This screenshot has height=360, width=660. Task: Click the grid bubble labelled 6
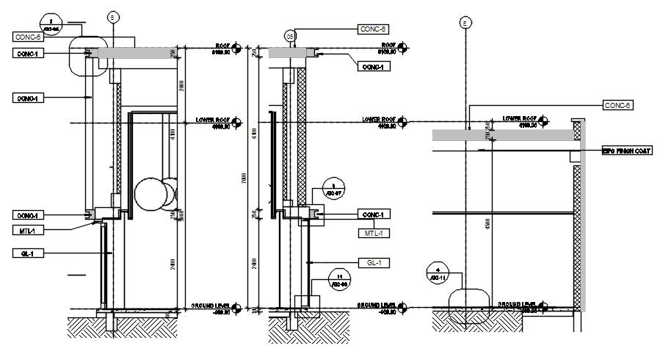pos(112,16)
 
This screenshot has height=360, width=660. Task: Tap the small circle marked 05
pos(291,35)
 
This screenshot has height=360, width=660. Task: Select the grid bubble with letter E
pos(464,23)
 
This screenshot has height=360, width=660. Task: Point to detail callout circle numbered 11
pos(339,278)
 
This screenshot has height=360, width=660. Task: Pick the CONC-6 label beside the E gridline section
pos(617,106)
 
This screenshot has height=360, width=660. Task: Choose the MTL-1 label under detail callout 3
pos(373,233)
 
